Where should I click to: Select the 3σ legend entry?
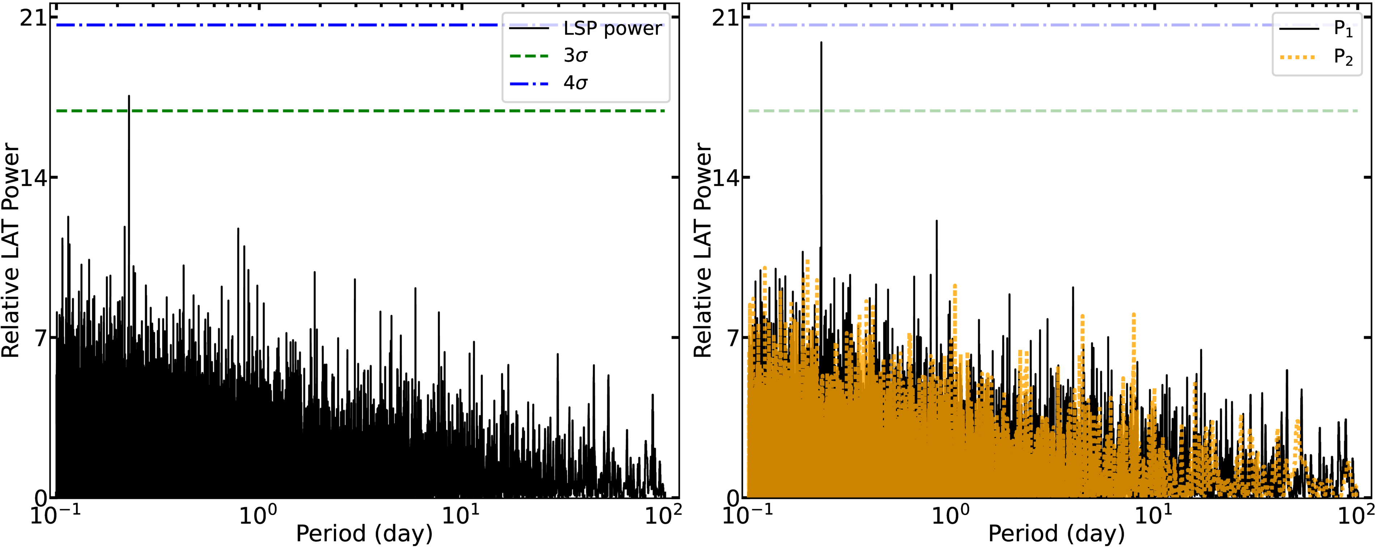pos(575,56)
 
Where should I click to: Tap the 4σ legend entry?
pos(575,83)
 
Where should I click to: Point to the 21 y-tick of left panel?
pos(32,18)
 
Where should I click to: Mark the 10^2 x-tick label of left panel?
pos(663,515)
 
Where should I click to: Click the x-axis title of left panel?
pos(364,533)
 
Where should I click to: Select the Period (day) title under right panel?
pos(1056,533)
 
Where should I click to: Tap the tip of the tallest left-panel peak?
pos(129,96)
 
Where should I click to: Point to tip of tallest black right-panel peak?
pos(821,43)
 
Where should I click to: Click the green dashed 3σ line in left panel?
pos(321,111)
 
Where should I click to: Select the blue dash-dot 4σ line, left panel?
pos(267,25)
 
